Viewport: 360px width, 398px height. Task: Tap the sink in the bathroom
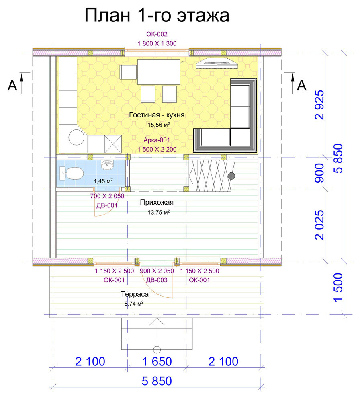107,165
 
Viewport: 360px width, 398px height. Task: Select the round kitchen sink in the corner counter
76,137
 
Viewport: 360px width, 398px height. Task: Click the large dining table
159,72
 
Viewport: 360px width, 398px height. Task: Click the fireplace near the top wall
217,63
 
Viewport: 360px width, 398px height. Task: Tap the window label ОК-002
157,34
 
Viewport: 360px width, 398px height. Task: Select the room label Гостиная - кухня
157,115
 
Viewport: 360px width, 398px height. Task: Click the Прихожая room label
157,202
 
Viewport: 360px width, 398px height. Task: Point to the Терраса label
135,294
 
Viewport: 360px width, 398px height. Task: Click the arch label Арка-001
157,140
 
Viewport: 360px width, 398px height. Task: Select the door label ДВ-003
157,280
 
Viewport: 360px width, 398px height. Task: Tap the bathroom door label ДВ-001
107,205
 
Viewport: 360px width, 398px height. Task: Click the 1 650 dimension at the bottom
157,361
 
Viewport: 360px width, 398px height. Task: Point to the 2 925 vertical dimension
319,105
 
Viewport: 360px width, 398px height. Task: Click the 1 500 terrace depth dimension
338,287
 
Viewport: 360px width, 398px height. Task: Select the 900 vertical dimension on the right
319,173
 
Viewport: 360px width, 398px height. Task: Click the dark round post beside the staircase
231,176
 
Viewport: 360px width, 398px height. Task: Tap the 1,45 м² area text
103,181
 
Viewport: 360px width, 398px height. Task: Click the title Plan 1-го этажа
157,15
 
